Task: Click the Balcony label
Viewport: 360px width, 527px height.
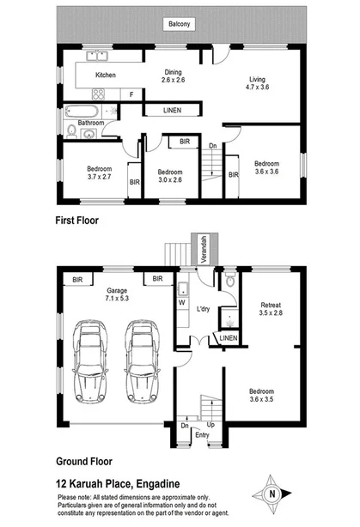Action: [x=179, y=25]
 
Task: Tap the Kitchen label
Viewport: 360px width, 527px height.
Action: [x=106, y=76]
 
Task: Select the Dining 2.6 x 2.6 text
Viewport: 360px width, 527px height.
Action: [x=173, y=76]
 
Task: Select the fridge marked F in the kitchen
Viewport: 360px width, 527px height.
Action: [x=131, y=94]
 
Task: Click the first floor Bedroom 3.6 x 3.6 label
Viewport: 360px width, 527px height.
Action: [x=265, y=169]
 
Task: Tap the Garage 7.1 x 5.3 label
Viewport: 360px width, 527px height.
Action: [x=117, y=295]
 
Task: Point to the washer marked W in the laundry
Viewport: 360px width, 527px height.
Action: [x=181, y=302]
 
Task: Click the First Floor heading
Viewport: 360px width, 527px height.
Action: [x=78, y=221]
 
